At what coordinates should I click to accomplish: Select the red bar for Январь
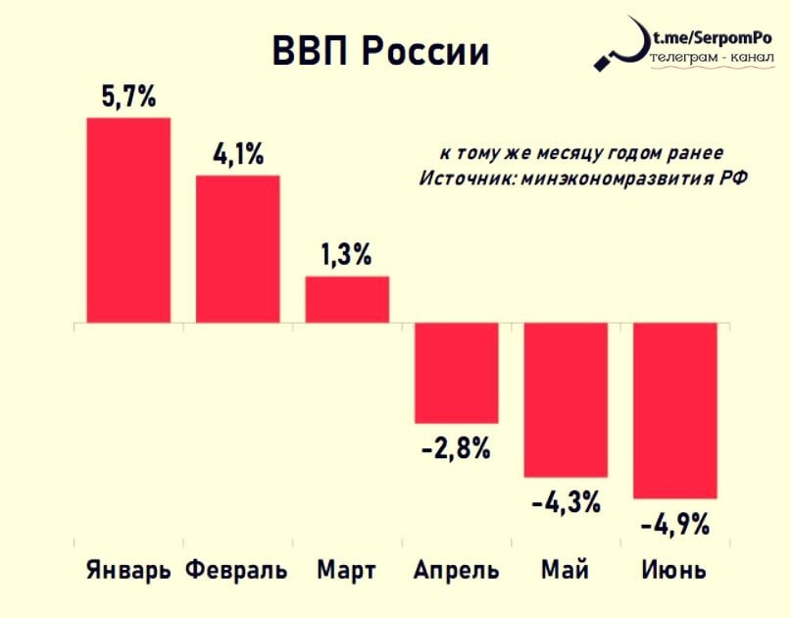point(128,220)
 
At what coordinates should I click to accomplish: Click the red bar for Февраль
point(238,249)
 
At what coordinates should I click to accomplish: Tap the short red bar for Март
point(347,299)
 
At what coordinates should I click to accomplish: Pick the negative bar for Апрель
point(456,373)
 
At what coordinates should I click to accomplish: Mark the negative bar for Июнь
point(675,410)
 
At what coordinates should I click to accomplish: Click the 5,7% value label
point(128,97)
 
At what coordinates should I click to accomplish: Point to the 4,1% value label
point(238,155)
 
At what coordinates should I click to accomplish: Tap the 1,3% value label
point(347,255)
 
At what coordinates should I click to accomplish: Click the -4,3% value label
point(566,504)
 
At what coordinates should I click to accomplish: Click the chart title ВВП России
point(379,53)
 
